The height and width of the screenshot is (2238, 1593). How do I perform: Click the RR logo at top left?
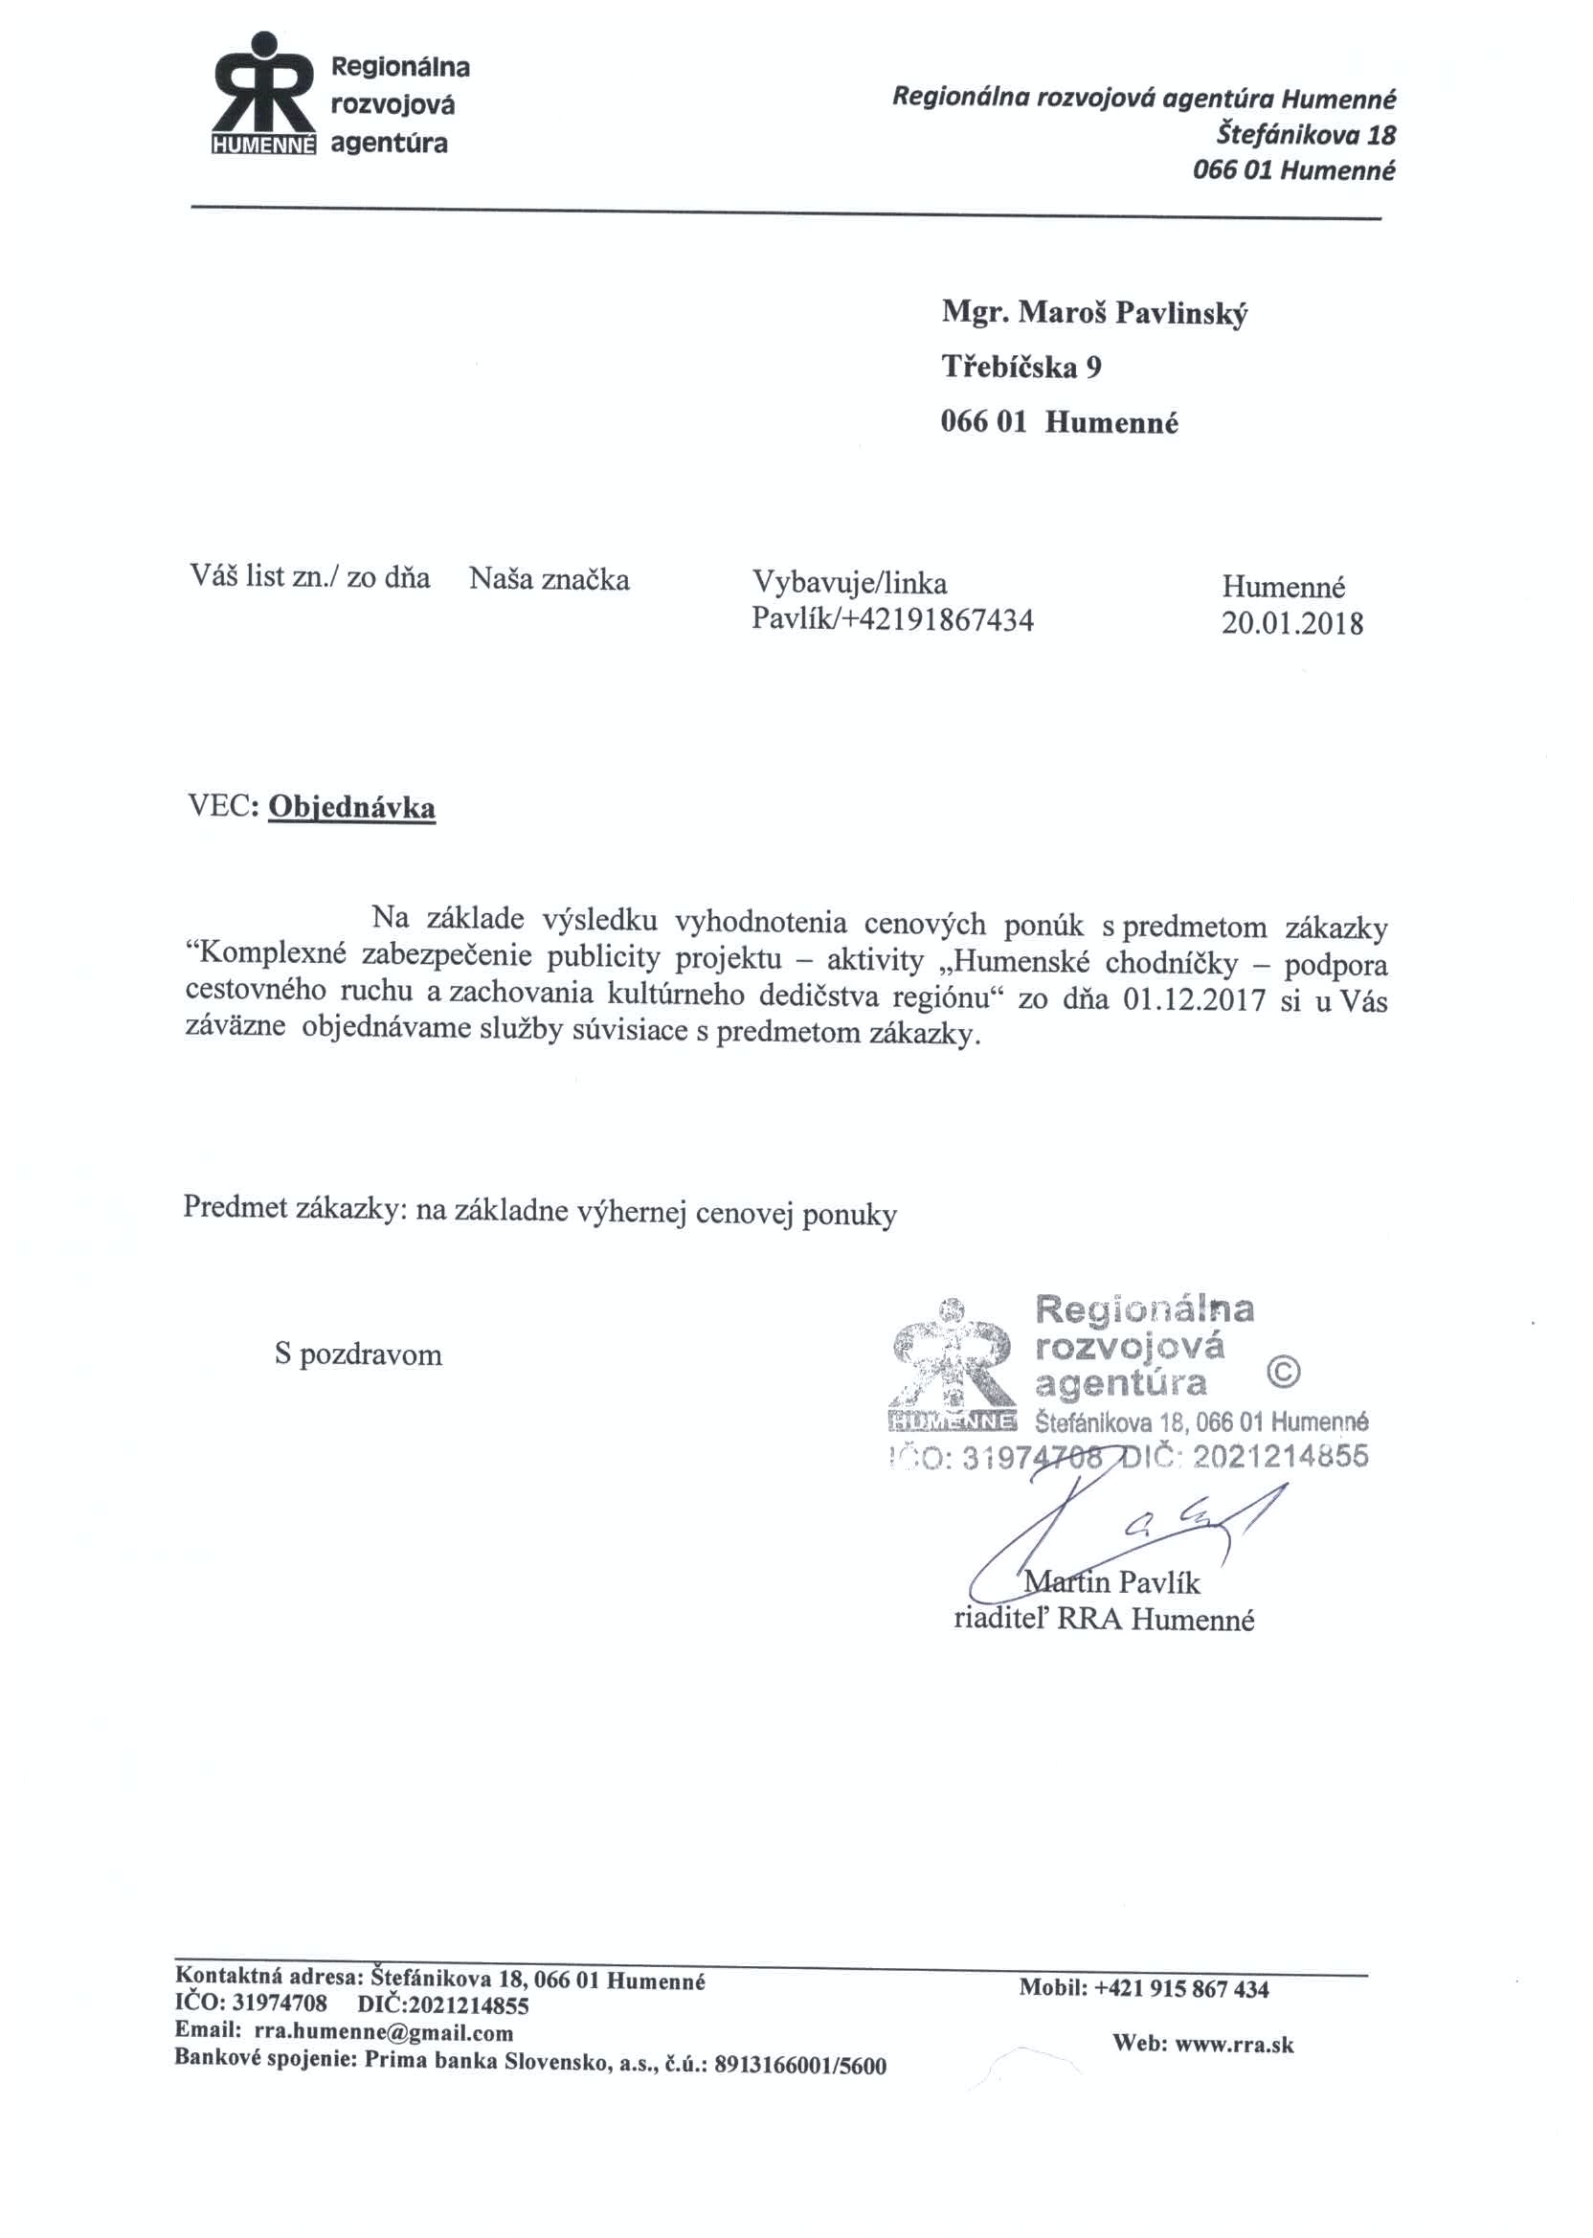pyautogui.click(x=264, y=96)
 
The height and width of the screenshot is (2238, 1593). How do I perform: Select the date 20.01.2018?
pyautogui.click(x=1290, y=624)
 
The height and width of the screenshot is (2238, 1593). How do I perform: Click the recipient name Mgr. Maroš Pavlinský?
pyautogui.click(x=1093, y=314)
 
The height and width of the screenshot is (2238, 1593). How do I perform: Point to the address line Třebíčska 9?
pyautogui.click(x=1021, y=368)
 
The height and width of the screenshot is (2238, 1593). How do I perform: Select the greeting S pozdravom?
pyautogui.click(x=358, y=1355)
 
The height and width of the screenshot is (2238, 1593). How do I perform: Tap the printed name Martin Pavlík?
pyautogui.click(x=1111, y=1582)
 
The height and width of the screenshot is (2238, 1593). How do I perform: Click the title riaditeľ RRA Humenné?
pyautogui.click(x=1104, y=1620)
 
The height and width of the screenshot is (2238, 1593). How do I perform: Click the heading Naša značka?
pyautogui.click(x=550, y=580)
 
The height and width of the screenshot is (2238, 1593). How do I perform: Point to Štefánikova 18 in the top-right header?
pyautogui.click(x=1306, y=134)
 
